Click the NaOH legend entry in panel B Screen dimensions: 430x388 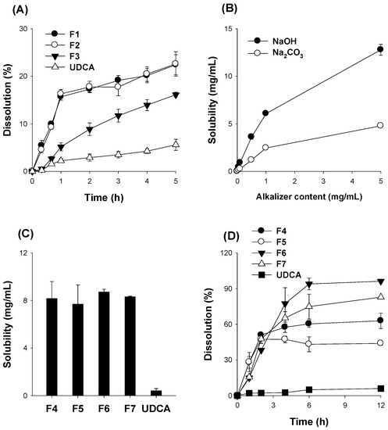(276, 38)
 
